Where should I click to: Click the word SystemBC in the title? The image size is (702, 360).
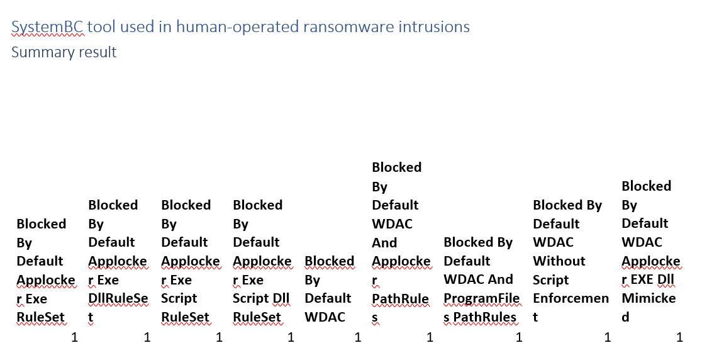tap(47, 27)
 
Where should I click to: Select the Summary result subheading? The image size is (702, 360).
tap(64, 52)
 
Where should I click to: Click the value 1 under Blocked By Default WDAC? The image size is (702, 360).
tap(358, 337)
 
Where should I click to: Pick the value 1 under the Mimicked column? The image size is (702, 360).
tap(679, 337)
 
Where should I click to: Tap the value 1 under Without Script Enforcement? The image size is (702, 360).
tap(608, 337)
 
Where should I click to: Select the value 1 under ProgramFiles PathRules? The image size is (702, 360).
tap(519, 337)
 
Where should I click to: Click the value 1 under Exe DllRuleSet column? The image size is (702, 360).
tap(147, 337)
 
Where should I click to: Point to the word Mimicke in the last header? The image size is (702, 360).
tap(649, 298)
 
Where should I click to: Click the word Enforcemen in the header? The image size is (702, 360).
tap(571, 298)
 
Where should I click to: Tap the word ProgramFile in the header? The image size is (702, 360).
tap(482, 298)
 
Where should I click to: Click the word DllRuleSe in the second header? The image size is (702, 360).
tap(118, 298)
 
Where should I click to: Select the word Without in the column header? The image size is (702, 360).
tap(559, 261)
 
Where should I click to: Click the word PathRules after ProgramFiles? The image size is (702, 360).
tap(485, 317)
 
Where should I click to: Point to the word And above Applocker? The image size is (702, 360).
tap(384, 243)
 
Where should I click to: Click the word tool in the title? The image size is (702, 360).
tap(101, 27)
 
